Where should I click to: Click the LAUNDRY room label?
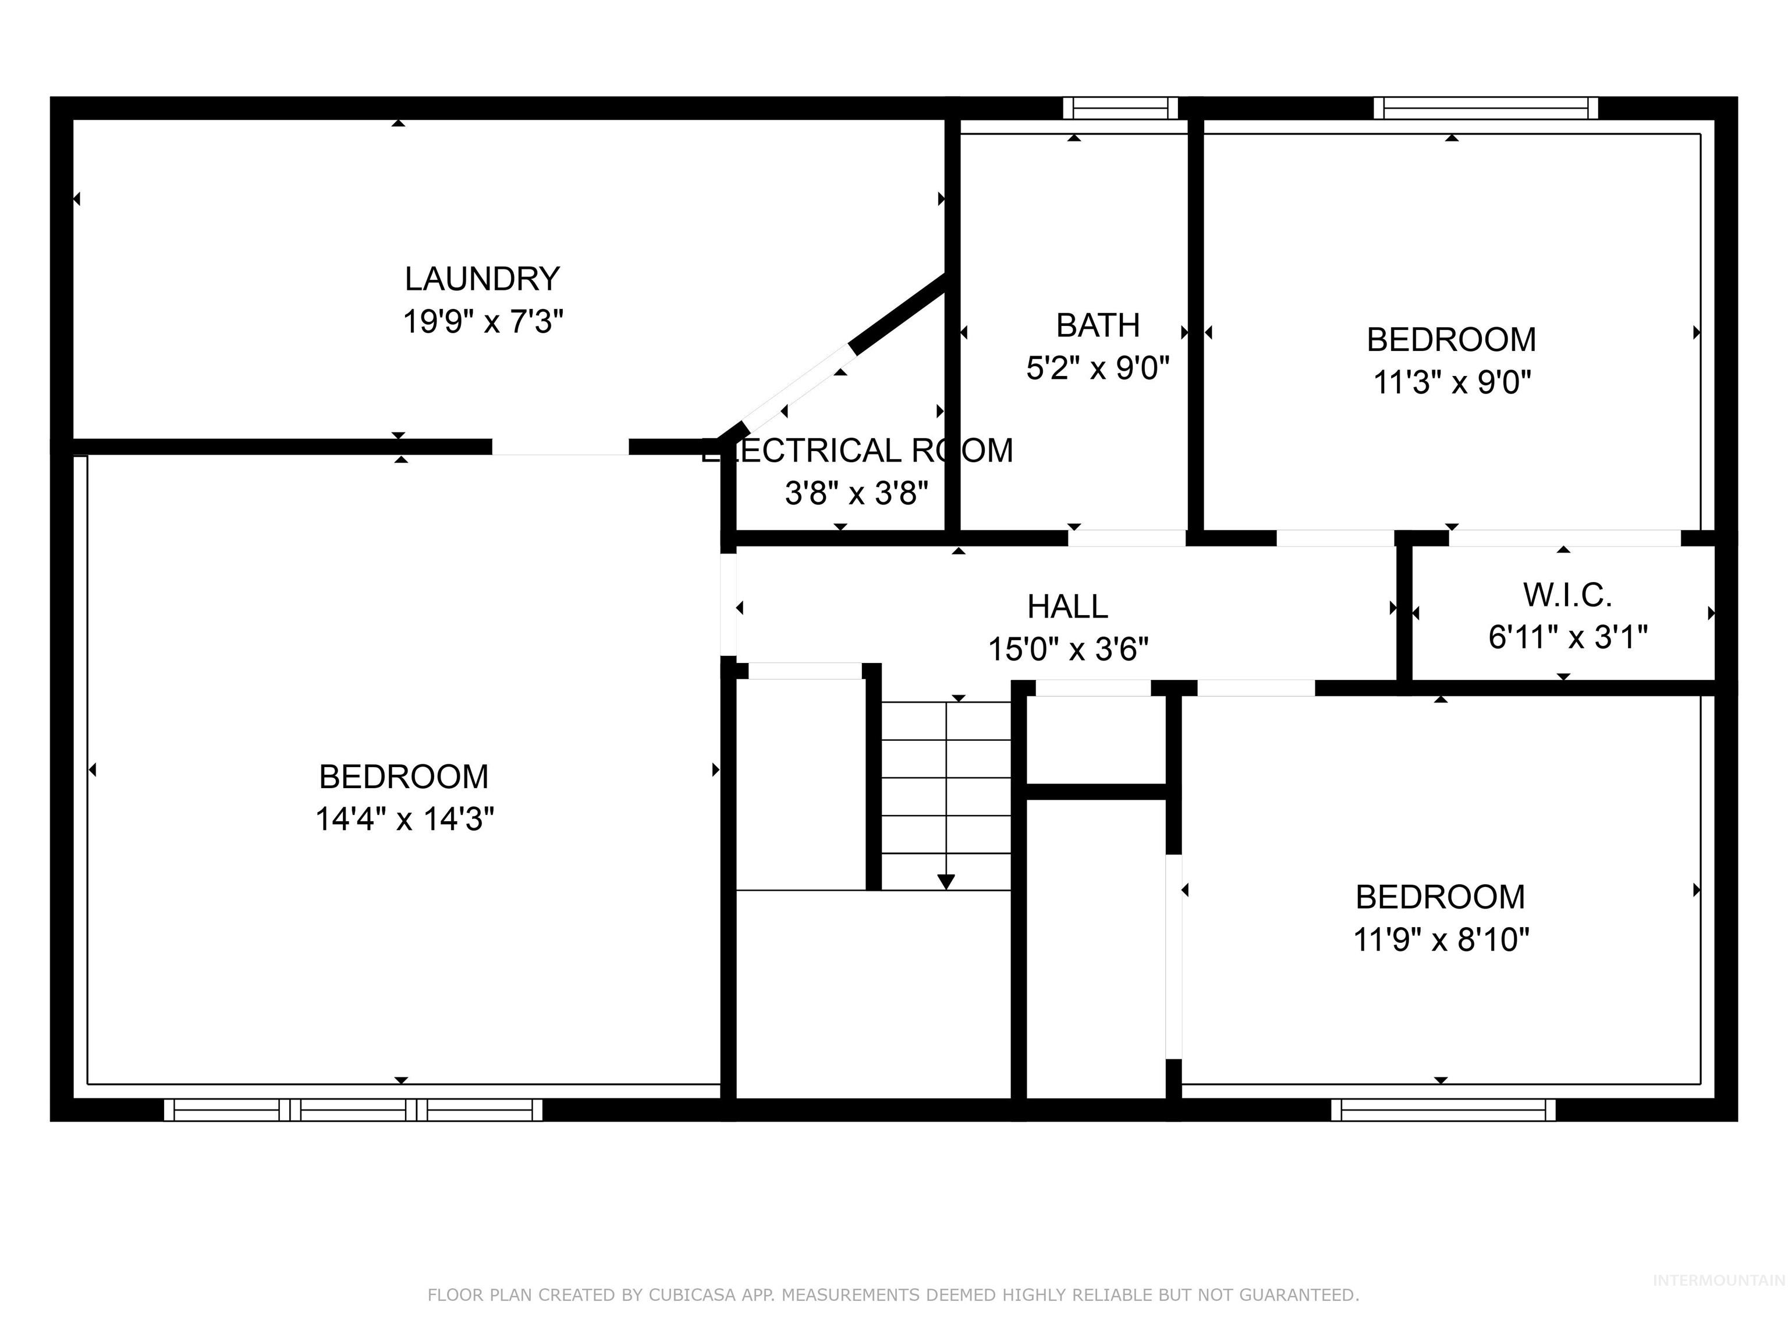482,279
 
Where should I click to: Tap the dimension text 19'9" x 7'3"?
483,322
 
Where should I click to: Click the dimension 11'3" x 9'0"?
1452,382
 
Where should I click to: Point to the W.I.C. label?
1567,595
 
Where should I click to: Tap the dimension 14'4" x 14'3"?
404,819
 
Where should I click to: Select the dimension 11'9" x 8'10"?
1441,940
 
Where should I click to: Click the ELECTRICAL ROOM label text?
857,451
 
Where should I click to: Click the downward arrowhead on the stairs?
946,882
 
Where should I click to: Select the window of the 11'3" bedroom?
1486,108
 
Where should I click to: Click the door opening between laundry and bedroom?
560,447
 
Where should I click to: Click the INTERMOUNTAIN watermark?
1718,1280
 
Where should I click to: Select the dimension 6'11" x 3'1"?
1567,638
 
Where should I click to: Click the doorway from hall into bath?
1127,538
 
